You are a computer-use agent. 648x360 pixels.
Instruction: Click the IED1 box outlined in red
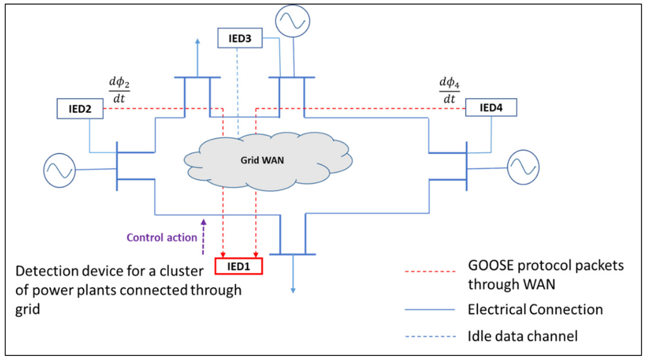pyautogui.click(x=239, y=266)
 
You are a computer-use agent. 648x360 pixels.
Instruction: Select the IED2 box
pyautogui.click(x=80, y=109)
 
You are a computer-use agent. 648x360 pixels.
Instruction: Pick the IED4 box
pyautogui.click(x=491, y=109)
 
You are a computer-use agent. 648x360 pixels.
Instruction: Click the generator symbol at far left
pyautogui.click(x=59, y=169)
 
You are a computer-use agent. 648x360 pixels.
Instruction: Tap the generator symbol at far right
pyautogui.click(x=523, y=167)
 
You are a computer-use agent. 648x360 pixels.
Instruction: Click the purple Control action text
pyautogui.click(x=162, y=237)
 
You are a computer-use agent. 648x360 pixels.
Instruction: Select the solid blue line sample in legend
pyautogui.click(x=429, y=310)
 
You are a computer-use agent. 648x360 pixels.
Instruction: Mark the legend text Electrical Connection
pyautogui.click(x=535, y=310)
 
